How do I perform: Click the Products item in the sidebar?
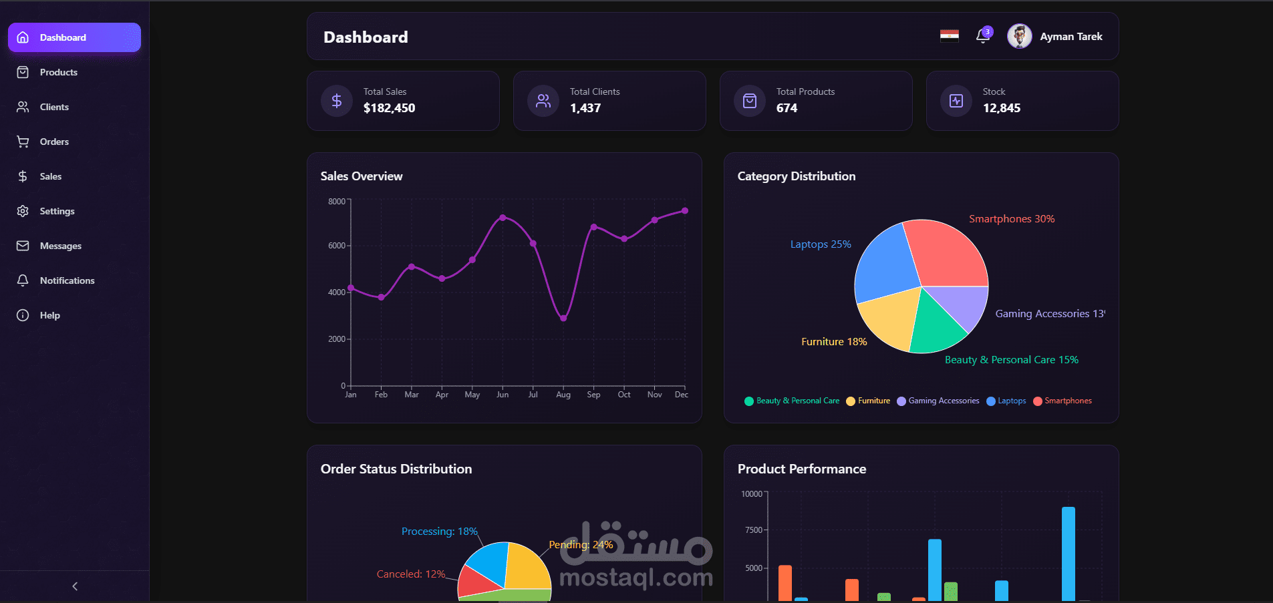58,72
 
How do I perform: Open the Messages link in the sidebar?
60,246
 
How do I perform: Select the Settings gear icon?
23,211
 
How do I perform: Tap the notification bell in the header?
982,36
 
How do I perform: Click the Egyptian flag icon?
949,35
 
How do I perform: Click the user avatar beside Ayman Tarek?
1019,36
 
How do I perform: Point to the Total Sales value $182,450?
389,108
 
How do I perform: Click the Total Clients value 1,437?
585,108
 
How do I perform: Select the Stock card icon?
956,101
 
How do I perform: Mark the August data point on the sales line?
563,319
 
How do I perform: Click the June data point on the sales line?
503,218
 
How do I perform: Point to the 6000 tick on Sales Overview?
337,246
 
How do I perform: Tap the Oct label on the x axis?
623,395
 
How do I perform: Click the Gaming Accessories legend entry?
938,401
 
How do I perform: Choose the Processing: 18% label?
439,532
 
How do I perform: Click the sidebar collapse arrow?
75,586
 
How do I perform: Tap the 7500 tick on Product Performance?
753,530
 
